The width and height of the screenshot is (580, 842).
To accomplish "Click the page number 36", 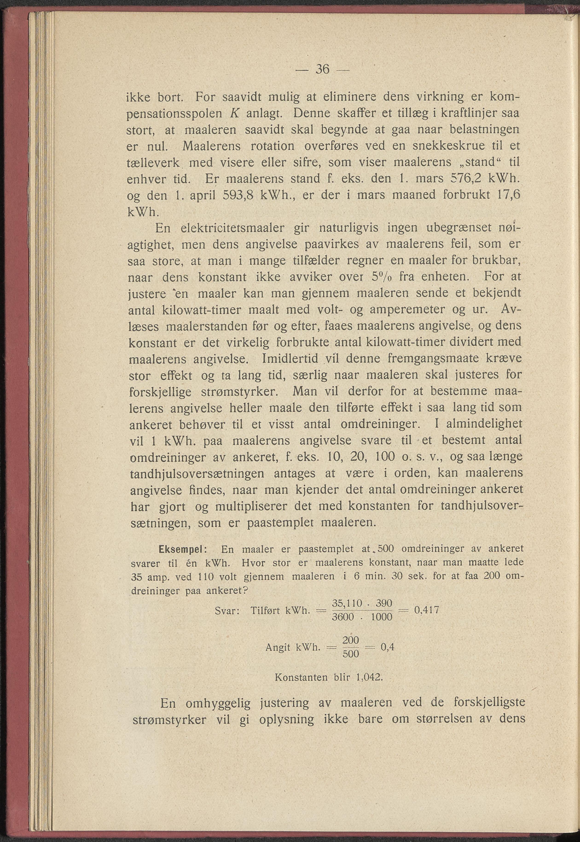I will click(322, 69).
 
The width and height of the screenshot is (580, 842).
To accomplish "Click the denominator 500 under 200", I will click(351, 654).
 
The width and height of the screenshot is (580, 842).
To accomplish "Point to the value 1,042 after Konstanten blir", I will click(370, 677).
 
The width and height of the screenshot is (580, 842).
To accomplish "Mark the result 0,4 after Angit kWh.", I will click(387, 647).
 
